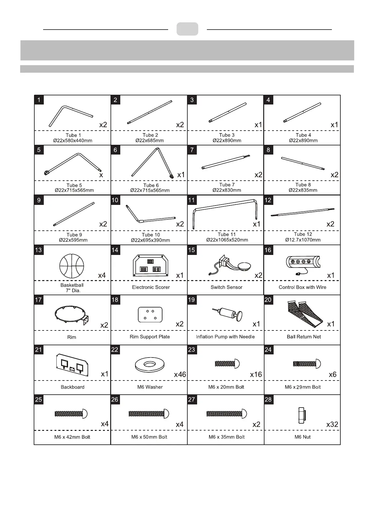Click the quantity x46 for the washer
click(180, 375)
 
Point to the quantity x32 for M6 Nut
click(332, 424)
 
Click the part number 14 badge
click(115, 250)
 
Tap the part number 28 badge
click(268, 399)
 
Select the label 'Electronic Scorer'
click(151, 287)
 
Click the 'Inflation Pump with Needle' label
click(225, 337)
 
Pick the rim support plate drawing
click(150, 315)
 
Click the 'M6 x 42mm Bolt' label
click(72, 437)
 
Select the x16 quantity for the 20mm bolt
click(256, 375)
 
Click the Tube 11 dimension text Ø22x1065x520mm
click(227, 240)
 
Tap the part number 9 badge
click(39, 200)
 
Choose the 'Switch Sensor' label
click(226, 287)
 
